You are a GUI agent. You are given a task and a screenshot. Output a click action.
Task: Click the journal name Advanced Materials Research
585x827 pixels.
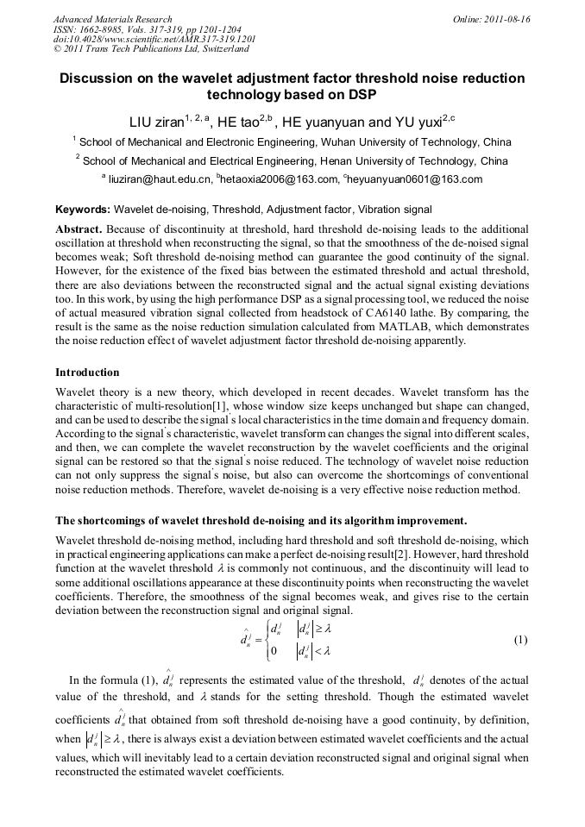(x=112, y=19)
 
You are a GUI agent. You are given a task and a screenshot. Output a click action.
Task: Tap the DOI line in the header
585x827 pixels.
(x=154, y=40)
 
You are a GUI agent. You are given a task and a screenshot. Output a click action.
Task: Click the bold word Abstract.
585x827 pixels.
(x=79, y=229)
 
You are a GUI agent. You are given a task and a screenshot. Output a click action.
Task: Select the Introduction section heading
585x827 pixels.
(x=87, y=373)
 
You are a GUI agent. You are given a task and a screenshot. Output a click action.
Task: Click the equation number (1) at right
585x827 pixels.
(x=520, y=640)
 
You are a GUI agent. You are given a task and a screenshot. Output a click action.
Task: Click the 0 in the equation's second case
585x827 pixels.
(x=273, y=651)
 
